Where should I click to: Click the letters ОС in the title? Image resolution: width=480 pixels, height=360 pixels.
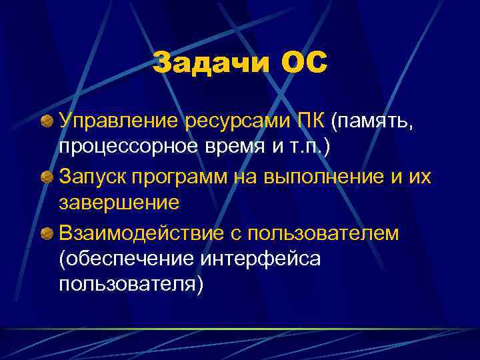pos(305,64)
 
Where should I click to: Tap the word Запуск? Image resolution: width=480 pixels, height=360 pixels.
pos(92,178)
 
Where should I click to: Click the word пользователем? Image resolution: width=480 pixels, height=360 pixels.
pos(323,234)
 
